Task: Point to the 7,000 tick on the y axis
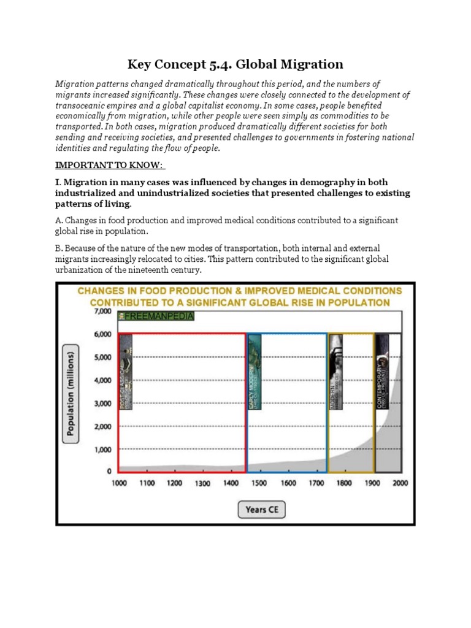(x=101, y=312)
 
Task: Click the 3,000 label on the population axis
(x=101, y=403)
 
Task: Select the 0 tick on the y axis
(x=109, y=472)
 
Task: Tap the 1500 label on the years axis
(x=259, y=483)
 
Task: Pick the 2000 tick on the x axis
(x=400, y=483)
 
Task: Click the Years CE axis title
(x=261, y=509)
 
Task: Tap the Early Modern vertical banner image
(x=255, y=372)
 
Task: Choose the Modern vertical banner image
(x=335, y=372)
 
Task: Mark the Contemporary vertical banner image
(x=382, y=372)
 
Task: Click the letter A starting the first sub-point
(x=58, y=220)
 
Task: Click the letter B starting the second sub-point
(x=58, y=248)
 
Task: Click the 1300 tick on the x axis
(x=202, y=483)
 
